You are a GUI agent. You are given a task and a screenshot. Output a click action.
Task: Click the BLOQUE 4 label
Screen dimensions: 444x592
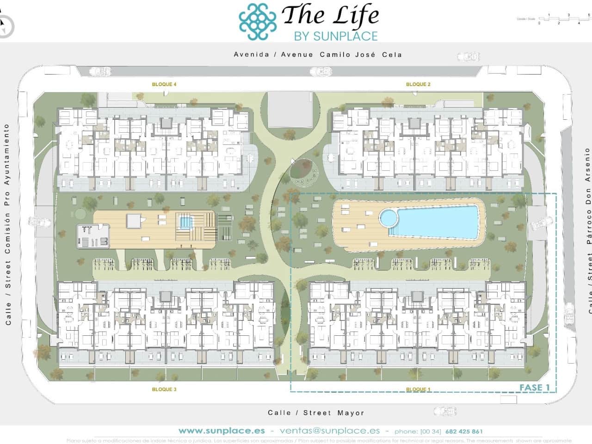(x=164, y=84)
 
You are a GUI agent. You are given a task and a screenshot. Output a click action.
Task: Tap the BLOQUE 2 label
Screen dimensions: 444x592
(x=418, y=84)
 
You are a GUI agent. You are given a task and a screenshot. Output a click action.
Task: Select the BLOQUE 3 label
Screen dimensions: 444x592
(x=164, y=389)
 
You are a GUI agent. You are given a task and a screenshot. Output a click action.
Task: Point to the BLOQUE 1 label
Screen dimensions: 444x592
(x=418, y=389)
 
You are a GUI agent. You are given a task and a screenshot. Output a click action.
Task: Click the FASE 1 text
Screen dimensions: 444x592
(x=535, y=388)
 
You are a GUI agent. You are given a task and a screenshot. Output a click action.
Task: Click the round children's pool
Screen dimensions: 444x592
(x=388, y=216)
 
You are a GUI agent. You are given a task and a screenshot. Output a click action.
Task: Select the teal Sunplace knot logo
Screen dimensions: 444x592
(x=258, y=21)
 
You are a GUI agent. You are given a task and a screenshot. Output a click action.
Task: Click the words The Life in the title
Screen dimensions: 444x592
(x=330, y=15)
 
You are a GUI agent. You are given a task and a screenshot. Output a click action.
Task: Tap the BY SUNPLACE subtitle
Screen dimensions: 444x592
(x=336, y=36)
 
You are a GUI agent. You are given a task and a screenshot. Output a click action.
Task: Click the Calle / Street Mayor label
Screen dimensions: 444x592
(x=316, y=413)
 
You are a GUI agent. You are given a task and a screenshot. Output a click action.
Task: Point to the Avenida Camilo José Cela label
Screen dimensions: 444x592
(x=318, y=54)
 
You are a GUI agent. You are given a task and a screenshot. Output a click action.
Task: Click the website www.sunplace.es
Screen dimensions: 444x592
(x=222, y=431)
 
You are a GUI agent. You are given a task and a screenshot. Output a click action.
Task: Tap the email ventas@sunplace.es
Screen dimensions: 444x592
(x=330, y=431)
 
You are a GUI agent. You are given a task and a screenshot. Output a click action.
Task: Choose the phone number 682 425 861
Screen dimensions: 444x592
(x=464, y=431)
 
